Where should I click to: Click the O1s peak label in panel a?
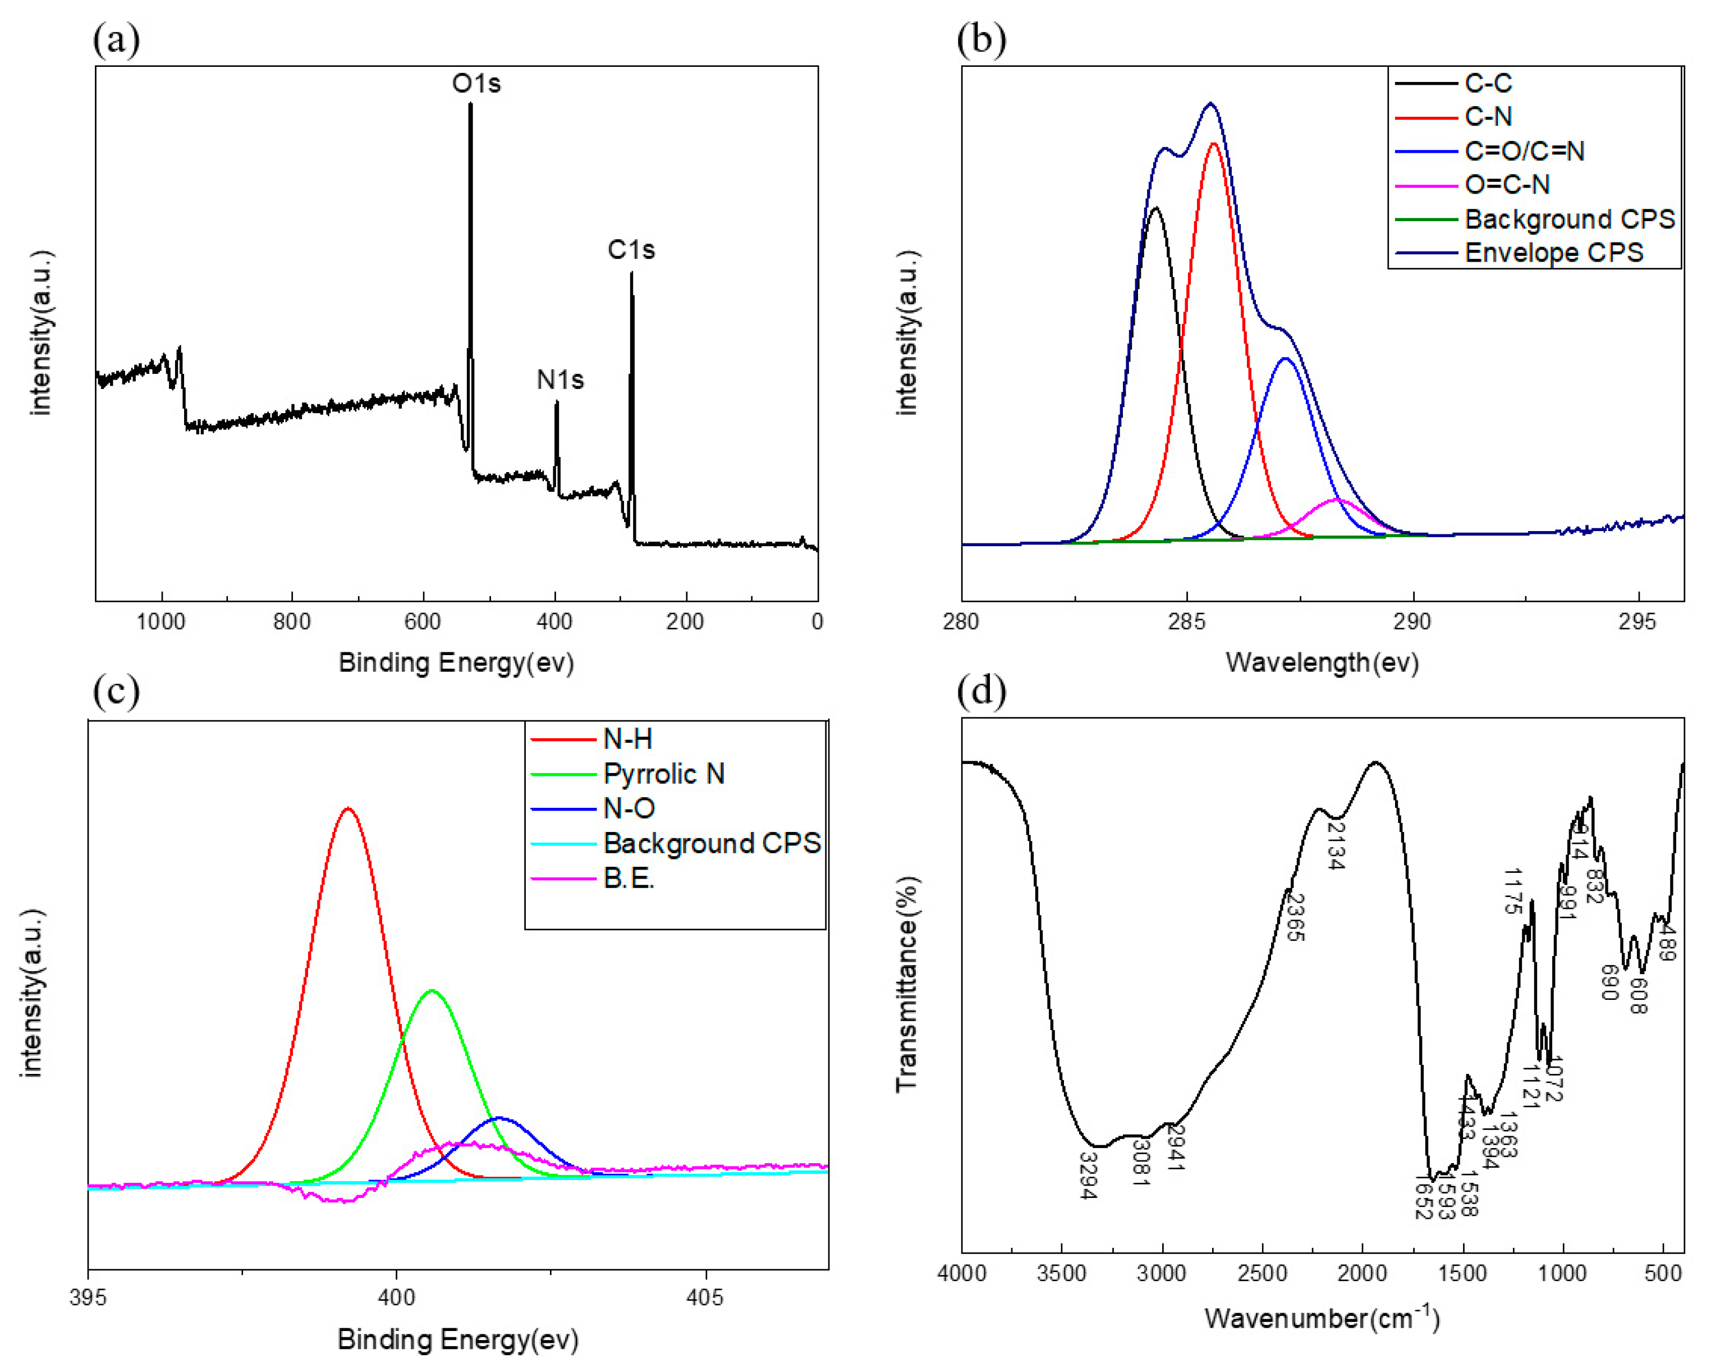[x=476, y=84]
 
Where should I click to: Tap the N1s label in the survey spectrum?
[x=559, y=380]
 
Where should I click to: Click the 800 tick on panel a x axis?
[x=291, y=621]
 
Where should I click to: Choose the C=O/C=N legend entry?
[x=1524, y=151]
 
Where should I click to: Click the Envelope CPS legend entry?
[x=1553, y=253]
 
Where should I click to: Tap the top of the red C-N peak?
[x=1213, y=144]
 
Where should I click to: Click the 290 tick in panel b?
[x=1412, y=621]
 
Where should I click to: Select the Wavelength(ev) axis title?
[x=1322, y=662]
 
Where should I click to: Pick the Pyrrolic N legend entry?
[x=663, y=774]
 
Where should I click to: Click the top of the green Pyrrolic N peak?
[x=432, y=991]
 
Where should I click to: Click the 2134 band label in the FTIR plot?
[x=1336, y=847]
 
